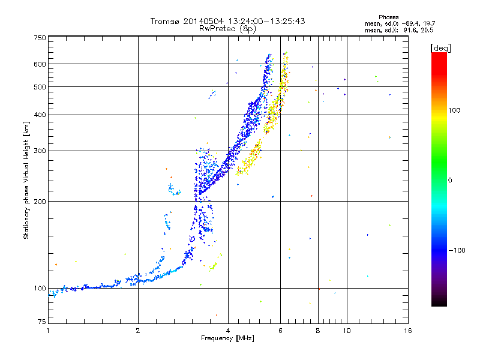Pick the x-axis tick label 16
coord(408,331)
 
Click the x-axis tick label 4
coord(228,331)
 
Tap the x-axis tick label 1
coord(48,331)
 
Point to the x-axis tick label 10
coord(346,331)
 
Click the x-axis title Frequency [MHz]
coord(227,338)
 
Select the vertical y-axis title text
coord(26,180)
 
